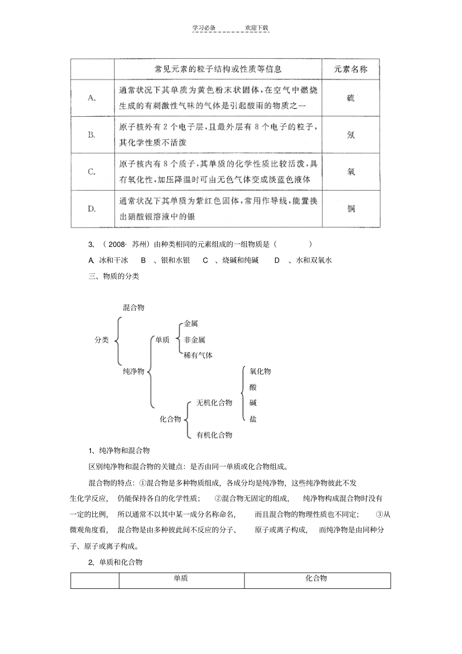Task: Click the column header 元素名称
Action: [x=350, y=69]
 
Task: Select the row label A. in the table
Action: [x=92, y=98]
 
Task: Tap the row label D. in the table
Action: [x=92, y=209]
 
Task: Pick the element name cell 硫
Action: [x=351, y=98]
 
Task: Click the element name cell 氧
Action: [x=351, y=172]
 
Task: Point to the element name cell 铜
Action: [x=351, y=209]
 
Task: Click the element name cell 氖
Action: [x=351, y=135]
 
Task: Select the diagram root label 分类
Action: [x=102, y=340]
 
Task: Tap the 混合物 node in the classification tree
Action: [x=134, y=307]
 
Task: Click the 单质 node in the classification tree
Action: [x=162, y=340]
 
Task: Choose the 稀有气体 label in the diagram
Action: [x=198, y=355]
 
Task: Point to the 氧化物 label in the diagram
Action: [x=260, y=371]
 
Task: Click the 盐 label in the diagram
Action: [x=253, y=419]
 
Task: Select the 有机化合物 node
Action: [x=214, y=435]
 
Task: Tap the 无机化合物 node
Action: [x=214, y=403]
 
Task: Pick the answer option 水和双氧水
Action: [x=314, y=260]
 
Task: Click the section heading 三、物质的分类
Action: [x=114, y=276]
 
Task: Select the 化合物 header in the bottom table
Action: [x=316, y=578]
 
